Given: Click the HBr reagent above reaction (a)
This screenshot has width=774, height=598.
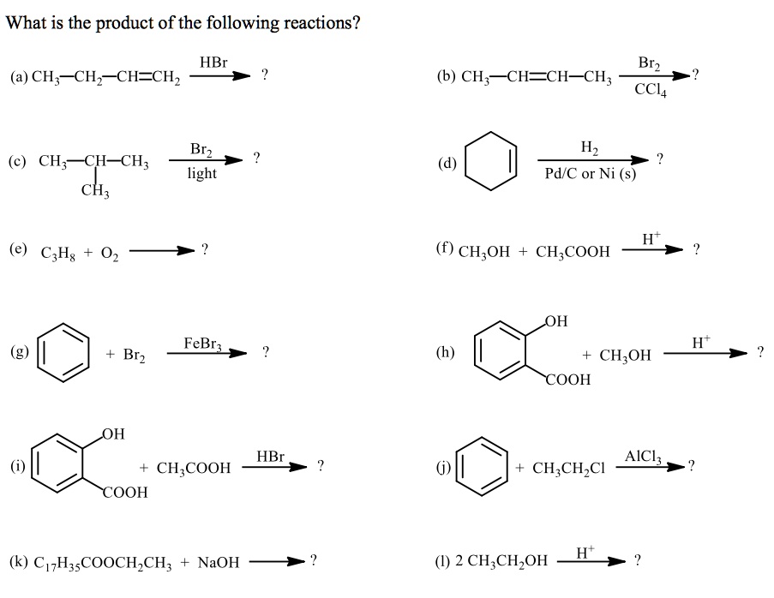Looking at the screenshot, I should point(213,63).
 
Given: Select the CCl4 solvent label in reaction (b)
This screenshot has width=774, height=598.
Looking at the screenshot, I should point(649,91).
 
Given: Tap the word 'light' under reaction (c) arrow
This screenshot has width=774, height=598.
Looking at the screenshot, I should point(201,173).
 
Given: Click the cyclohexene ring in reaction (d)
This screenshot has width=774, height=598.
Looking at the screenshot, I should point(491,159).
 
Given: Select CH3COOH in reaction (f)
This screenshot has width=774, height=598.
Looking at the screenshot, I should point(573,251).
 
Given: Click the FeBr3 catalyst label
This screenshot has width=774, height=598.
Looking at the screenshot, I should point(203,344).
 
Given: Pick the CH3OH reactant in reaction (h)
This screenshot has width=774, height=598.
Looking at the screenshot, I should point(625,355).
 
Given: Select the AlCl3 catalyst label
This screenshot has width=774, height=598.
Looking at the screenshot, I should point(644,456).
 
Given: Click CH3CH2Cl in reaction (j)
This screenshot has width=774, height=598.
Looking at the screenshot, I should point(569,468).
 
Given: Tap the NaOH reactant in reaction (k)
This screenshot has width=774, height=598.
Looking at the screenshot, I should point(219,563).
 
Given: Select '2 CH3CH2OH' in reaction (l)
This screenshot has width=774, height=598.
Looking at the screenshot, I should point(501,562).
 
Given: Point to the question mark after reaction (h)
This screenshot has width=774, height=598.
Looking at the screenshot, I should point(759,351).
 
